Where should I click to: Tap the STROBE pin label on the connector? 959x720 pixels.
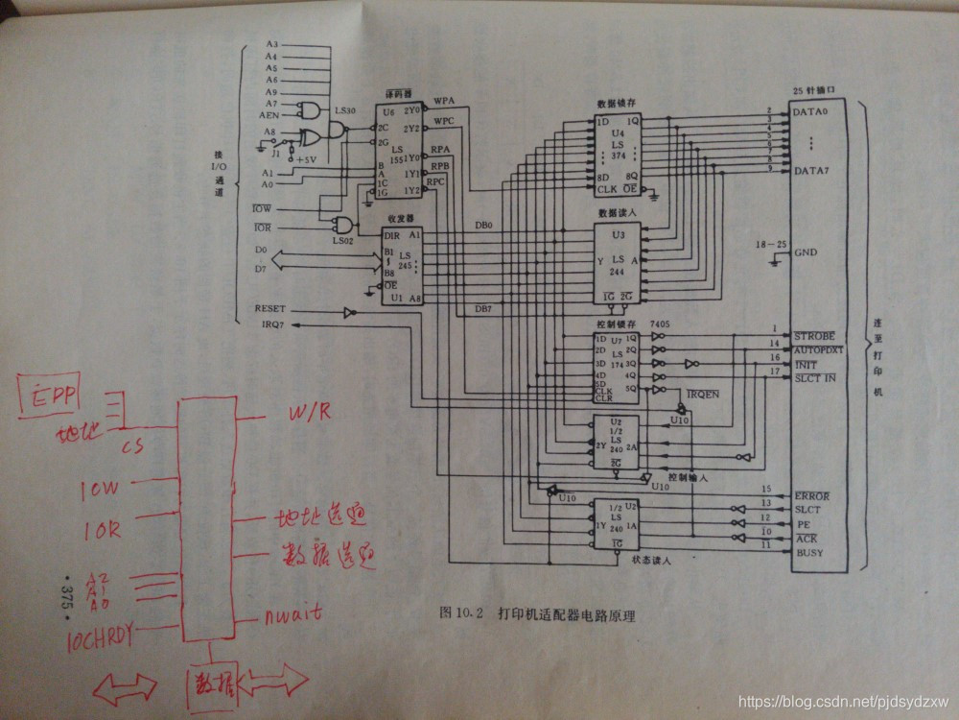tap(814, 336)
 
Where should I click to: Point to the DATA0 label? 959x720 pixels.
tap(811, 112)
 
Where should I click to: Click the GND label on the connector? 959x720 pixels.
tap(807, 252)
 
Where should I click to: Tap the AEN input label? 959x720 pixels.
tap(269, 114)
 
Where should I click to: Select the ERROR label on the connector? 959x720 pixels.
tap(810, 495)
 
